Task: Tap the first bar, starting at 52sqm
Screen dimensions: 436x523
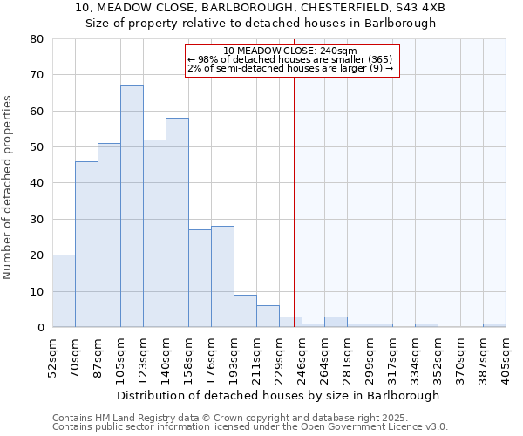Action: (x=64, y=291)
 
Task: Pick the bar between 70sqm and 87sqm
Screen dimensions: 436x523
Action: (x=86, y=244)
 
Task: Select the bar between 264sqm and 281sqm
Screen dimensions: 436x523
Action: (x=336, y=322)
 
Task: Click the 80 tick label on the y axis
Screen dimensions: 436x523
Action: (x=37, y=39)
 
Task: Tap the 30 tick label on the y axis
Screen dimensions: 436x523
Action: (x=37, y=219)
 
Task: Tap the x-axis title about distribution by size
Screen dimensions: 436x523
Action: (x=278, y=395)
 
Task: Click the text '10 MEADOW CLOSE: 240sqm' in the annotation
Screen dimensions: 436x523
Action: (x=290, y=51)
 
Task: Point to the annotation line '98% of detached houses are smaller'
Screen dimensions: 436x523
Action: (x=290, y=59)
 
